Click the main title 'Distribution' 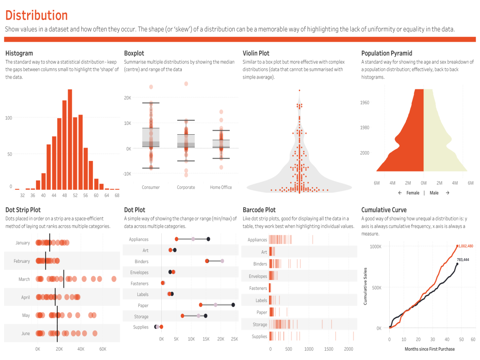pyautogui.click(x=36, y=15)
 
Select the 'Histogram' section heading pyautogui.click(x=19, y=53)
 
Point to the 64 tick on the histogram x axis pyautogui.click(x=107, y=195)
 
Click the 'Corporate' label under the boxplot pyautogui.click(x=186, y=188)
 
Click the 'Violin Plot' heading pyautogui.click(x=256, y=53)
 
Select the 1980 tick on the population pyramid pyautogui.click(x=364, y=128)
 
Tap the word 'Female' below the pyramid pyautogui.click(x=412, y=193)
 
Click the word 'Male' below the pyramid pyautogui.click(x=434, y=193)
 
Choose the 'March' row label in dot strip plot pyautogui.click(x=24, y=280)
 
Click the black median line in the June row pyautogui.click(x=57, y=333)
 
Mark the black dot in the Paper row pyautogui.click(x=233, y=305)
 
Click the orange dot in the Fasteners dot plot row pyautogui.click(x=163, y=283)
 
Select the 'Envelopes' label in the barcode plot pyautogui.click(x=258, y=276)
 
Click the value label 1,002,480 pyautogui.click(x=465, y=246)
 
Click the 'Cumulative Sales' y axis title pyautogui.click(x=365, y=286)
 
